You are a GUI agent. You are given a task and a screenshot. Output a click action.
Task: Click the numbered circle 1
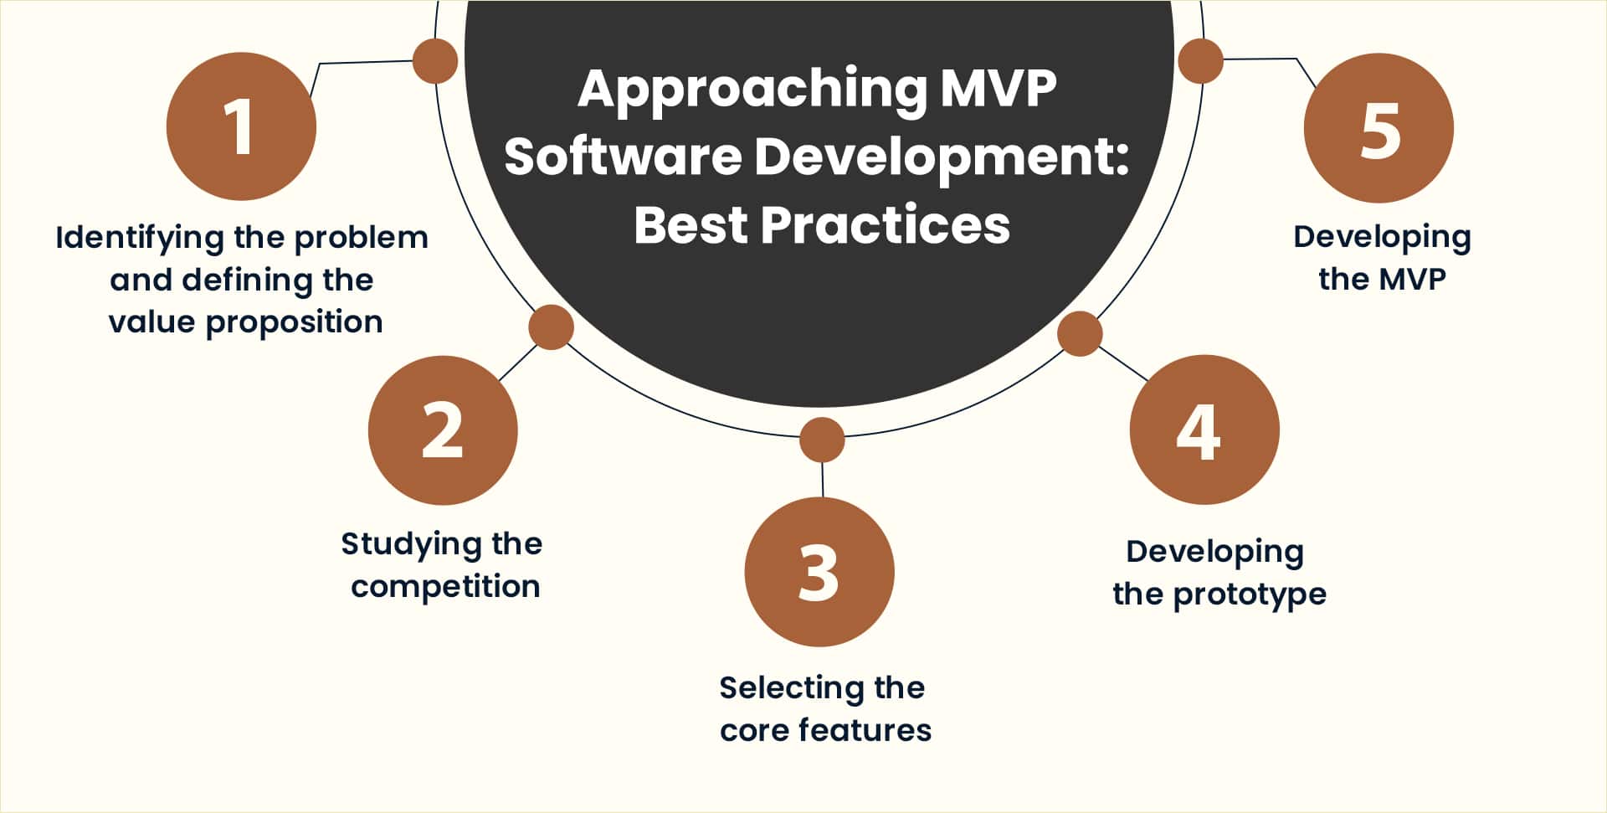(x=241, y=126)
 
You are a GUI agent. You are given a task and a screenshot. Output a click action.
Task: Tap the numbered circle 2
(x=443, y=430)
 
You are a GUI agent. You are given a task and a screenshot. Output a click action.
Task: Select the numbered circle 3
(x=819, y=572)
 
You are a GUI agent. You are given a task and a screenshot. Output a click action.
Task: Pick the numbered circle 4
(x=1204, y=430)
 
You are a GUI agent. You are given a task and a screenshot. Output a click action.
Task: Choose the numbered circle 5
(x=1379, y=128)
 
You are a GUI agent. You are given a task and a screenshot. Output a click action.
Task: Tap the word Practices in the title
(x=885, y=225)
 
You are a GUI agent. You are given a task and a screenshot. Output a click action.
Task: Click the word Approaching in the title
(x=752, y=89)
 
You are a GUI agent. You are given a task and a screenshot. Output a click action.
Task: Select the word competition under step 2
(x=445, y=587)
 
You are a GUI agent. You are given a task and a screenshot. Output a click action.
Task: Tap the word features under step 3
(x=865, y=730)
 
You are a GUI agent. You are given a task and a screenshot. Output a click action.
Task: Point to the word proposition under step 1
(x=294, y=322)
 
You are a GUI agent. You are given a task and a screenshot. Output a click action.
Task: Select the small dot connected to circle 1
(x=435, y=61)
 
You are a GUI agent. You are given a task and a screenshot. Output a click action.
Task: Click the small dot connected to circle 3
(x=822, y=440)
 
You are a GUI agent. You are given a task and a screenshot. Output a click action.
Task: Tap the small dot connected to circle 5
(x=1200, y=60)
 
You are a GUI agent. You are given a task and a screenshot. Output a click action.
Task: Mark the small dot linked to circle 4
(x=1080, y=333)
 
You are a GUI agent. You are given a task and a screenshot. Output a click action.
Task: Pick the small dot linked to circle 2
(x=551, y=327)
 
